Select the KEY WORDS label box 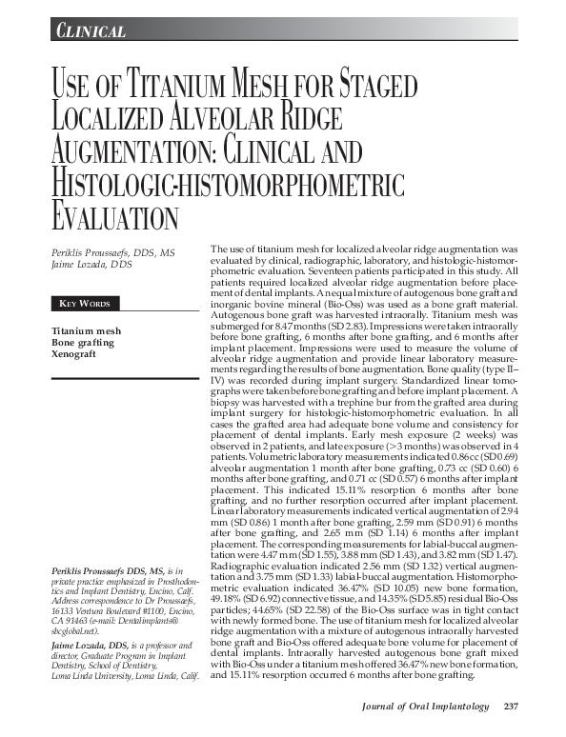click(85, 304)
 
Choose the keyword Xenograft click(75, 353)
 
